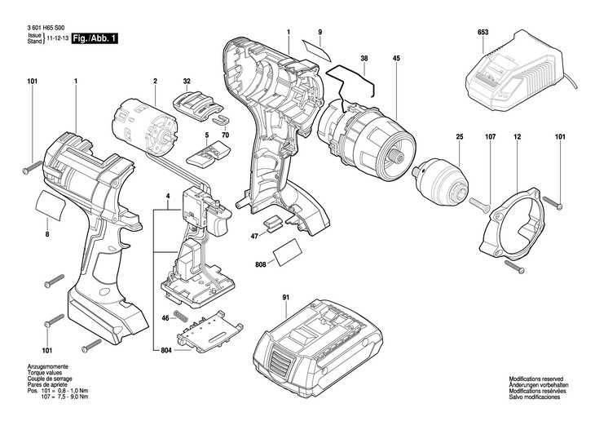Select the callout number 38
tap(364, 58)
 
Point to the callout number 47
tap(254, 236)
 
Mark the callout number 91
tap(285, 299)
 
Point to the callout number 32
tap(187, 81)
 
